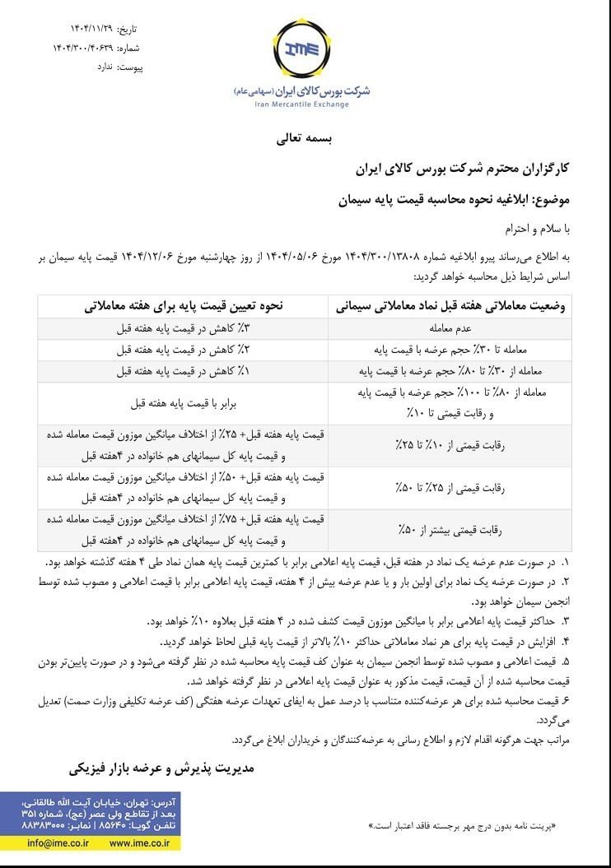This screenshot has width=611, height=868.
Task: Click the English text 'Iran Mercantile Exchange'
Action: (301, 104)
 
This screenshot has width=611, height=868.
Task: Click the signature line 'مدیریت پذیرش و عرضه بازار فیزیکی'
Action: (162, 768)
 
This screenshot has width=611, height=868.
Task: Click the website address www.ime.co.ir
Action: (139, 842)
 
